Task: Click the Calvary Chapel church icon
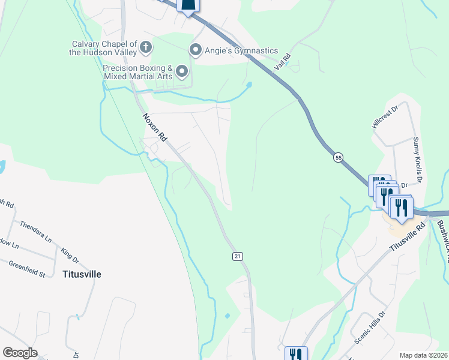(x=145, y=46)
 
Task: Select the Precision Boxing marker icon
(x=182, y=73)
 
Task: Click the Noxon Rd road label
(x=154, y=127)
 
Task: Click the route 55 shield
(x=339, y=157)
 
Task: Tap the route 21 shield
(x=237, y=256)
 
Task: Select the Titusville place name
(x=82, y=274)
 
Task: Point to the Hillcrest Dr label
(x=385, y=118)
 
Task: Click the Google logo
(x=20, y=353)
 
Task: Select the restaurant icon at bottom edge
(x=295, y=354)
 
